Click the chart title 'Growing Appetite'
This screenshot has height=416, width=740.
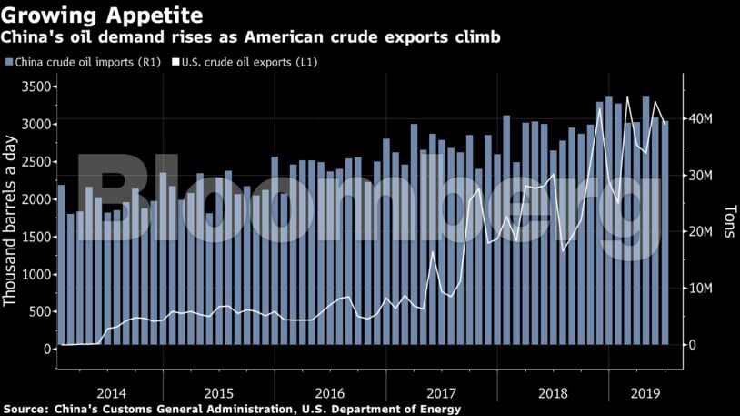102,15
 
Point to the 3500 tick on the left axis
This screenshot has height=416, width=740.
33,86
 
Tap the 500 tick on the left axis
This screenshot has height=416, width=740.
37,311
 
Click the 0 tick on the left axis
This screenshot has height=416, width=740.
45,349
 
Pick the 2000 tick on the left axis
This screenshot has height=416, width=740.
33,198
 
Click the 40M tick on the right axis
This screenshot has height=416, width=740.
698,119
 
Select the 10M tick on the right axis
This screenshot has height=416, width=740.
698,289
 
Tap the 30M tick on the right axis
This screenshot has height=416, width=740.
698,176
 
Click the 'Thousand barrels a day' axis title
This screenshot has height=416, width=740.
12,218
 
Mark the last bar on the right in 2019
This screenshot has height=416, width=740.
665,233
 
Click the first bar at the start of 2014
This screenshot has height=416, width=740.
61,265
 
